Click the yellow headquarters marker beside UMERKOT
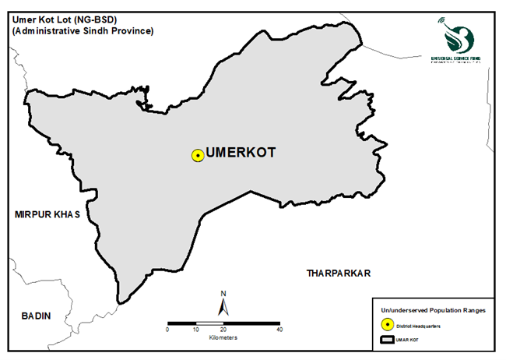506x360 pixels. [198, 155]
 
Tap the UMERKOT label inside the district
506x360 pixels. [241, 154]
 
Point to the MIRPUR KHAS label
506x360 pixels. [47, 214]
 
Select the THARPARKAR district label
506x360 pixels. [337, 274]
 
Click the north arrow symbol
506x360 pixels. [223, 307]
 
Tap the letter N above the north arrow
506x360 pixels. [223, 293]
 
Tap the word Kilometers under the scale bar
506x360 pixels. [223, 338]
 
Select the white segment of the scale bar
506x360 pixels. [209, 323]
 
